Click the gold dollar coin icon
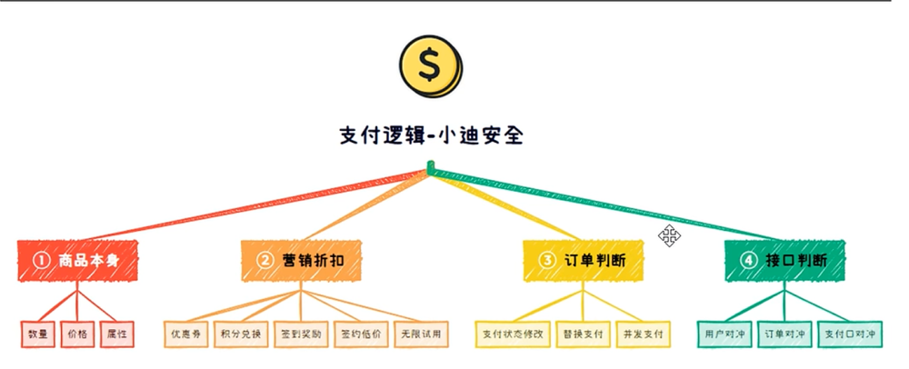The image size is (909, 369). tap(431, 65)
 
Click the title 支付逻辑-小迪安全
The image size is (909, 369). tap(431, 136)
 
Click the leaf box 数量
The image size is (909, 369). tap(37, 334)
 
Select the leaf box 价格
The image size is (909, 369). tap(77, 334)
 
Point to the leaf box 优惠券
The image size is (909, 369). tap(185, 334)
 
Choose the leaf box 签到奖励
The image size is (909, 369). tap(300, 334)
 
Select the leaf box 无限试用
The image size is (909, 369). tap(420, 334)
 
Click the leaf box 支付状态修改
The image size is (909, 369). tap(513, 334)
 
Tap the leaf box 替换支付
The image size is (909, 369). tap(583, 334)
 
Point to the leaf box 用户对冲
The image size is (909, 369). tap(724, 334)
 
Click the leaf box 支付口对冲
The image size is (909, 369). tap(850, 334)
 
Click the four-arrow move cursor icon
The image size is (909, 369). tap(670, 236)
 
